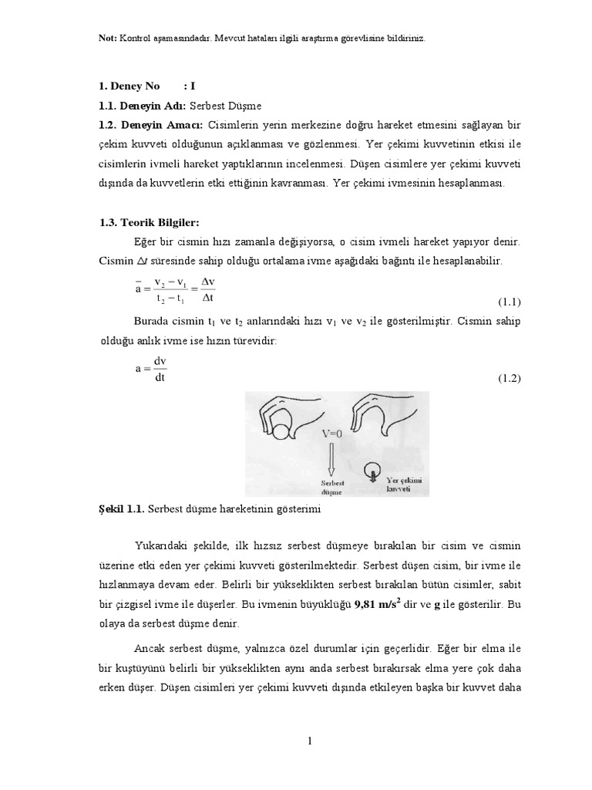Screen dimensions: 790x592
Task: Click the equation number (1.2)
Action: click(x=509, y=378)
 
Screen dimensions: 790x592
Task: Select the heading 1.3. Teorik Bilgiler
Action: click(x=139, y=222)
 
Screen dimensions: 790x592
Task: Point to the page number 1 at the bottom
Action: click(x=309, y=741)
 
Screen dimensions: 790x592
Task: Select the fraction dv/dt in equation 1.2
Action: click(x=160, y=369)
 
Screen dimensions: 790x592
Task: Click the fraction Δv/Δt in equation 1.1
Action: click(x=206, y=291)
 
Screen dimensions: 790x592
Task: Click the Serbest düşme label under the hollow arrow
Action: click(x=332, y=485)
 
